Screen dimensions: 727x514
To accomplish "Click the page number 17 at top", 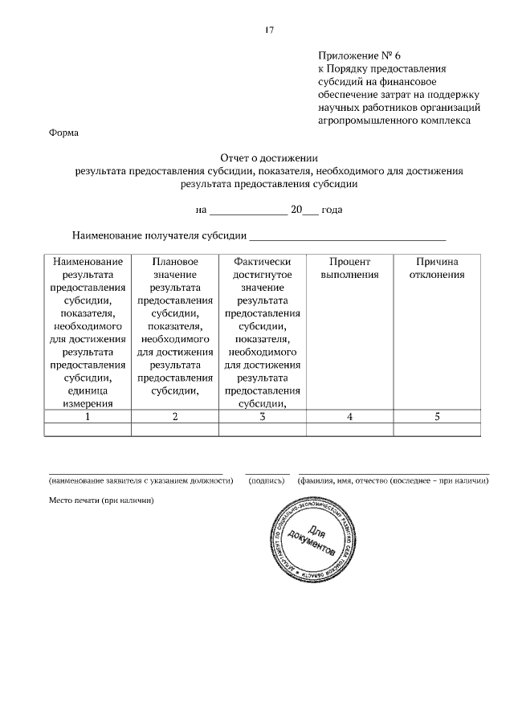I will pos(269,31).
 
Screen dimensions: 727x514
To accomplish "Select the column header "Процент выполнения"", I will pos(349,268).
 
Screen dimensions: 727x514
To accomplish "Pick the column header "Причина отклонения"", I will pos(437,268).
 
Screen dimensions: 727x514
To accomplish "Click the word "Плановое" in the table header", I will pos(174,262).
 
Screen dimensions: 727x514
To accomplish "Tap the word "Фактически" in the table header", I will pos(262,262).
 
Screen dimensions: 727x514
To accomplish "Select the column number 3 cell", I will pos(262,417).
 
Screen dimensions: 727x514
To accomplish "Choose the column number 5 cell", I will pos(437,417).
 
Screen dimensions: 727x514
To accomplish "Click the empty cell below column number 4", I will pos(349,430).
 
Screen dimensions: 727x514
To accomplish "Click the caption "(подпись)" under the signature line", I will pos(267,480).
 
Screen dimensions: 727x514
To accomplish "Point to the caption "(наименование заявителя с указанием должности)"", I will pos(141,480).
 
